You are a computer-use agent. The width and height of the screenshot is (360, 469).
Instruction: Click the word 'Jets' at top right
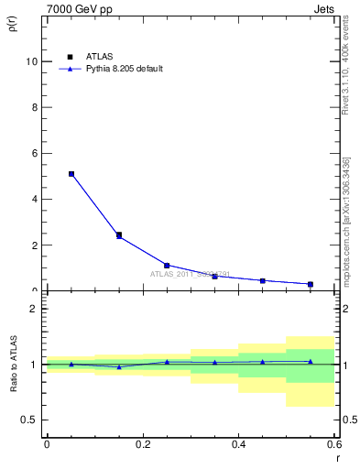coord(324,7)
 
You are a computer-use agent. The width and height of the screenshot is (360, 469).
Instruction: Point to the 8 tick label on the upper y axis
coord(34,107)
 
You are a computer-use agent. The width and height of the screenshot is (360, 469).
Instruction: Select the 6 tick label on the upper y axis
coord(34,153)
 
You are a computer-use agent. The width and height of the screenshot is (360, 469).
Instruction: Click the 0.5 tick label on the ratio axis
coord(29,420)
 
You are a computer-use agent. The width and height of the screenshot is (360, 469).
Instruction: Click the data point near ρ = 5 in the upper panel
coord(71,174)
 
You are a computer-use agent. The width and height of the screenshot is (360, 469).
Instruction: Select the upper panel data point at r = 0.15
coord(119,235)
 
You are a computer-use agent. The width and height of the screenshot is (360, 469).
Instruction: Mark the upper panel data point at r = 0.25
coord(167,266)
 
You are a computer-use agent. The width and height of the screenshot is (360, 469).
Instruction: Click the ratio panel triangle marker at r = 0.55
coord(311,362)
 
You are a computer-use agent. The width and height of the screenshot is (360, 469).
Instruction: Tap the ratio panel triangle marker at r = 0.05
coord(71,365)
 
